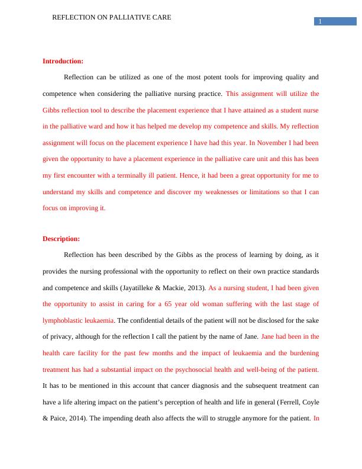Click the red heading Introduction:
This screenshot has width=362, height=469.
point(63,61)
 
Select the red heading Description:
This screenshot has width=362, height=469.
point(61,239)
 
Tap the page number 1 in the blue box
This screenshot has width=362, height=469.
point(320,22)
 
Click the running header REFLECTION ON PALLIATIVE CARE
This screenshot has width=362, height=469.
point(112,18)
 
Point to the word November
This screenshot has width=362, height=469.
point(273,143)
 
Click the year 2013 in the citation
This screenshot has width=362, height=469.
point(193,288)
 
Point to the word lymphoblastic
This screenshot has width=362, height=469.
point(62,320)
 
